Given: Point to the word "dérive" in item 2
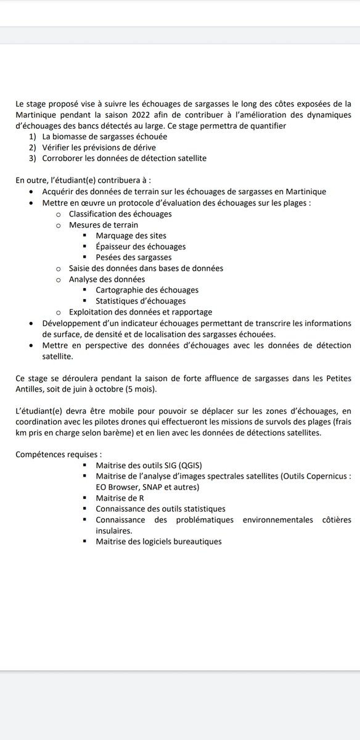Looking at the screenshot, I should tap(141, 148).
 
